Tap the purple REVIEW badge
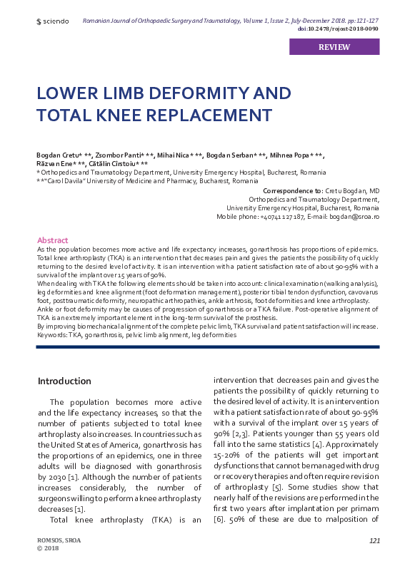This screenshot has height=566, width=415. coord(334,47)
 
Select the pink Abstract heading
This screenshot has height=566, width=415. coord(52,240)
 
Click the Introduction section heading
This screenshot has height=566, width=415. coord(64,381)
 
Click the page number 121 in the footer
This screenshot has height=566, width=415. coord(374,542)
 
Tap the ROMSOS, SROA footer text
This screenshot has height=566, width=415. coord(59,542)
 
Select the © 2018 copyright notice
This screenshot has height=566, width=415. coord(48,550)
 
